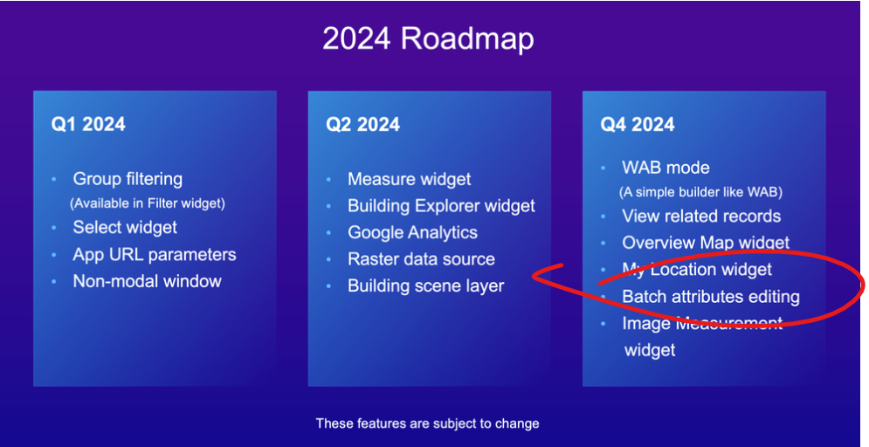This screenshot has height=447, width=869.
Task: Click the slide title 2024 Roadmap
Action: [x=428, y=39]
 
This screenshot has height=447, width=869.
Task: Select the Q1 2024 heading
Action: [x=88, y=124]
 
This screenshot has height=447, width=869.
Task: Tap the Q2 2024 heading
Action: [x=362, y=124]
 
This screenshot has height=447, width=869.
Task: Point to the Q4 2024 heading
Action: [x=638, y=124]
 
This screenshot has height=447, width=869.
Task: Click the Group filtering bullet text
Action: [x=128, y=180]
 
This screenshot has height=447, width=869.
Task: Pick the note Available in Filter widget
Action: [x=148, y=203]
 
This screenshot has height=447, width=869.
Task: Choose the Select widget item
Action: [x=125, y=228]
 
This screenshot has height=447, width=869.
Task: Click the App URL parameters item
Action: [x=155, y=255]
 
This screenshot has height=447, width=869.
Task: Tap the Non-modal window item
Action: [x=148, y=281]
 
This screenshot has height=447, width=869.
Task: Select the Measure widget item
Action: [x=410, y=180]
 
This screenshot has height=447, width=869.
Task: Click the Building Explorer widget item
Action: [x=442, y=206]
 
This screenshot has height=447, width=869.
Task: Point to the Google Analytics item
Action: [x=413, y=232]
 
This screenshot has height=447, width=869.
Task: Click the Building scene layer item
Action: [x=426, y=286]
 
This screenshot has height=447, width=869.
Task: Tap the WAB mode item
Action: [x=666, y=168]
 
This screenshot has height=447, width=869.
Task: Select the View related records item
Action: [x=701, y=216]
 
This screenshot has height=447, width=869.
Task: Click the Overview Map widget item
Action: [x=706, y=243]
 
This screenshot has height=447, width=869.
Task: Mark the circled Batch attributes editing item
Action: [x=711, y=297]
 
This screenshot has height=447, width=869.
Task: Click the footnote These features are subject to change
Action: [x=427, y=423]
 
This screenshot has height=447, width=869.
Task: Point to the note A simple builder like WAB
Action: [x=701, y=192]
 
